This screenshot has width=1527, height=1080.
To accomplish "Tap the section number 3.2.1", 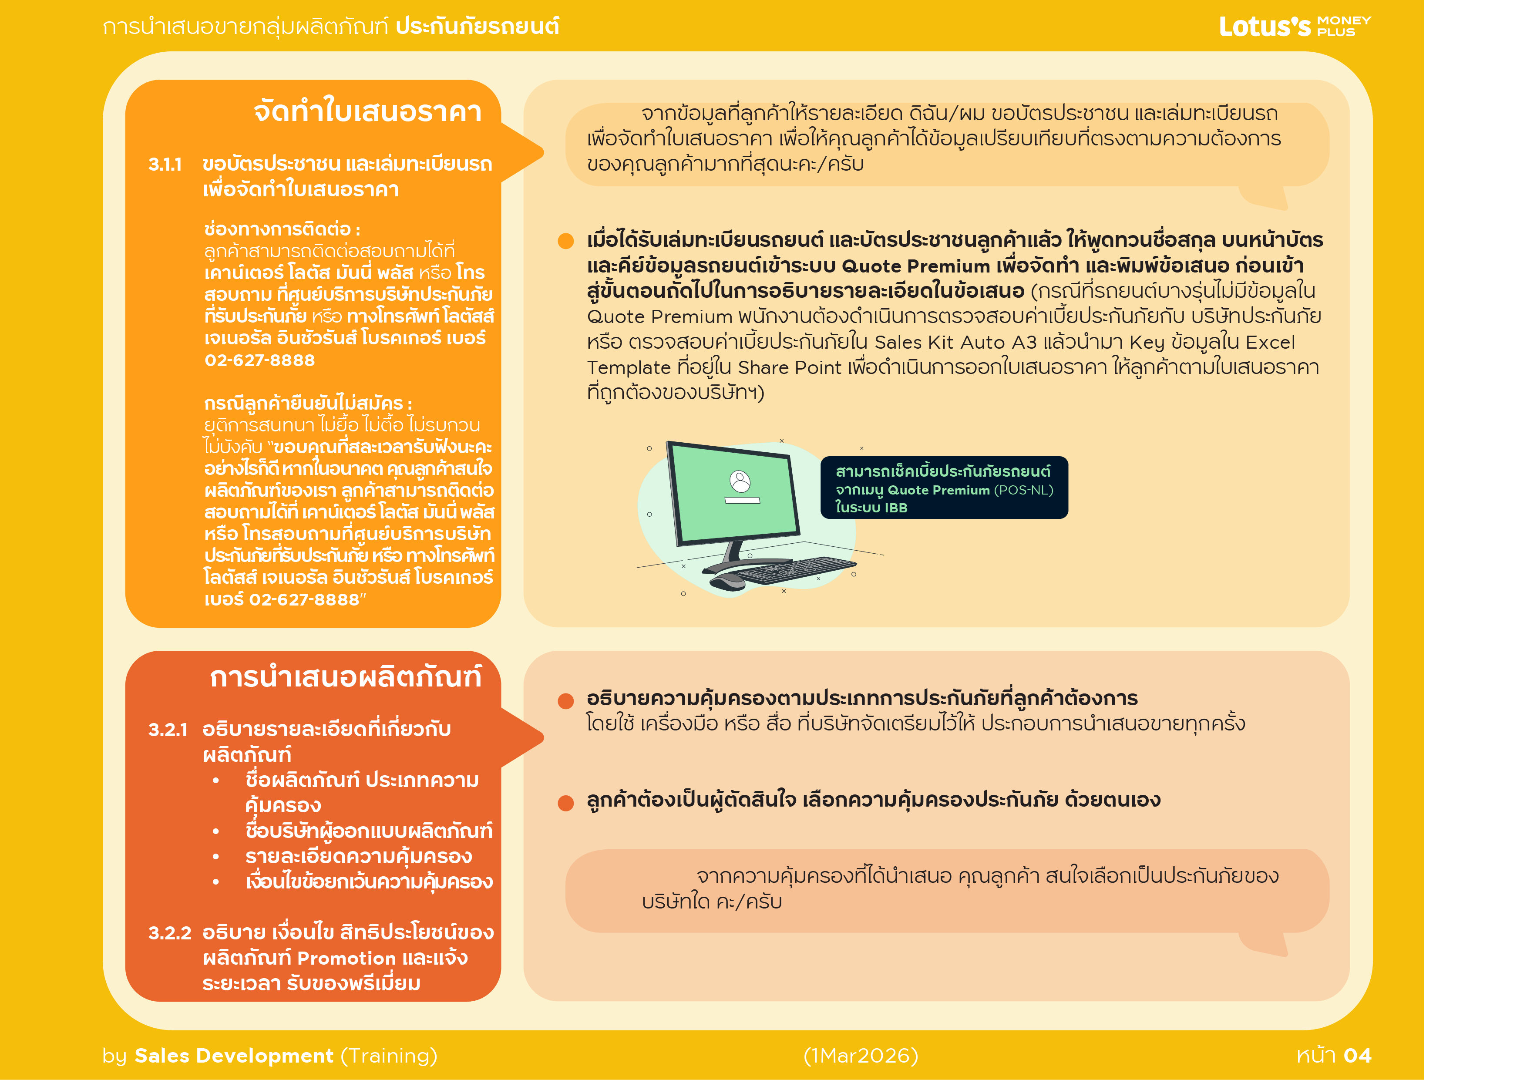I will click(x=168, y=730).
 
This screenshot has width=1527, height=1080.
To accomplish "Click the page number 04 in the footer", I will click(x=1357, y=1055).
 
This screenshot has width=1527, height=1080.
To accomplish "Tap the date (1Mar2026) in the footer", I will click(x=861, y=1055).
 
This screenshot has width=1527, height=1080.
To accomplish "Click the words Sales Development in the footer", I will click(x=233, y=1055).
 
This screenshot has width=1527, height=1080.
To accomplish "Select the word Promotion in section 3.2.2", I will click(x=346, y=958).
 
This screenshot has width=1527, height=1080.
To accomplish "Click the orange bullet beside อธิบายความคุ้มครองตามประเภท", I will click(x=566, y=701).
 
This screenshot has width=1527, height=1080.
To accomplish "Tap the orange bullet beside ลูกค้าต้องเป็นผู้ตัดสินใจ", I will click(x=566, y=803).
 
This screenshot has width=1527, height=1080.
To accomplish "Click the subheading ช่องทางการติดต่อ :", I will click(x=282, y=229).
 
